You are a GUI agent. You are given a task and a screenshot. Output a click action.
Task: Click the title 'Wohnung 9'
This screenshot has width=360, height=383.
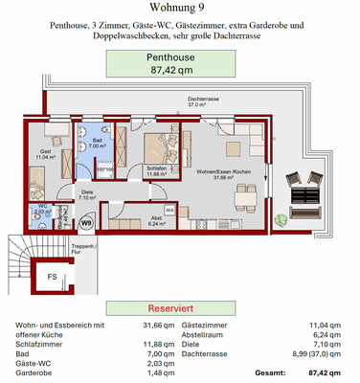click(x=180, y=11)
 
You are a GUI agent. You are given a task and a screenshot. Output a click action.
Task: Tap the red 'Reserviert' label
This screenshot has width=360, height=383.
click(x=174, y=310)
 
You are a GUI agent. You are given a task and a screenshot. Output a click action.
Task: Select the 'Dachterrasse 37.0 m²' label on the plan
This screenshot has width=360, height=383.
click(x=207, y=102)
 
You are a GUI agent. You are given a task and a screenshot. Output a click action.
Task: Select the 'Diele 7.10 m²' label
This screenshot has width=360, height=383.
click(x=86, y=196)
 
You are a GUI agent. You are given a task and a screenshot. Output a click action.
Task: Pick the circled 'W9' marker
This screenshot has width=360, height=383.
click(x=86, y=225)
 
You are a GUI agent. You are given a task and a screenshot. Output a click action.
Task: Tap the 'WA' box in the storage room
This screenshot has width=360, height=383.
click(x=169, y=209)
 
